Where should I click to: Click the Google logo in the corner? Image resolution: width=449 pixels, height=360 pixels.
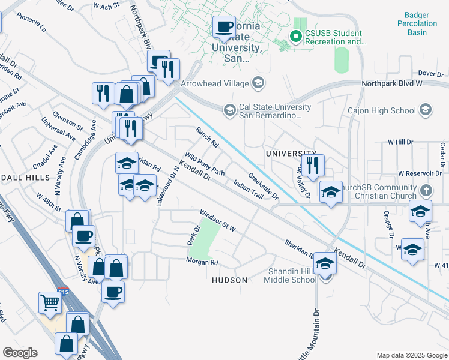pos(20,353)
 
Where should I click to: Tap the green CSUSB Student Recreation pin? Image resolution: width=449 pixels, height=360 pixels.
pos(295,37)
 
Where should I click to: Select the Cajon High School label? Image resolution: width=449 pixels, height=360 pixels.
pos(381,110)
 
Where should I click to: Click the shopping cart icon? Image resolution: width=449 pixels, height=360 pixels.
pos(50,302)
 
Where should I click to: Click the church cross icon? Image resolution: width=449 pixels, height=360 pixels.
pos(426,190)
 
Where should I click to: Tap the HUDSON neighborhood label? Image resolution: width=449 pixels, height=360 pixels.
pos(230,280)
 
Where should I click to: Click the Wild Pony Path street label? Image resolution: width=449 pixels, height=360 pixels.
pos(205,163)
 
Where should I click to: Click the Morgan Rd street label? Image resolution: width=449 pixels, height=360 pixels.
pos(202,262)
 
